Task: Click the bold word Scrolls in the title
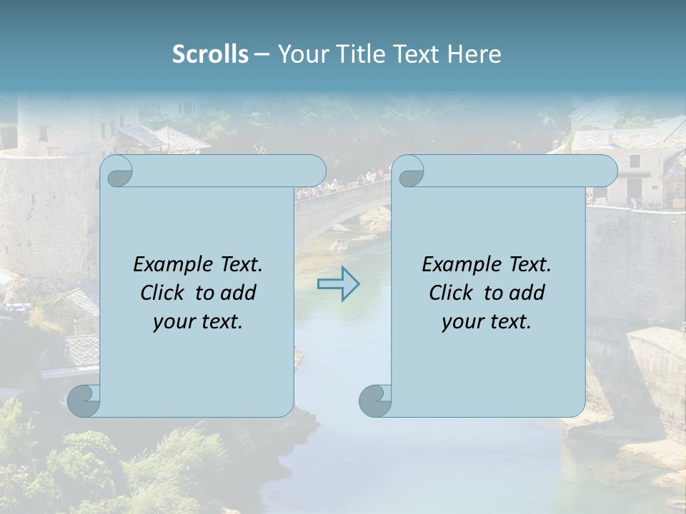pos(210,54)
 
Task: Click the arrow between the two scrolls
pos(339,283)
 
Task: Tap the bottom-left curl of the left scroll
pos(84,401)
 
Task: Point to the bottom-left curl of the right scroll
pos(374,401)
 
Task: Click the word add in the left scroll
pos(238,293)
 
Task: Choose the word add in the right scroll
pos(527,293)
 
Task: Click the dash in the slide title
pos(262,54)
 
